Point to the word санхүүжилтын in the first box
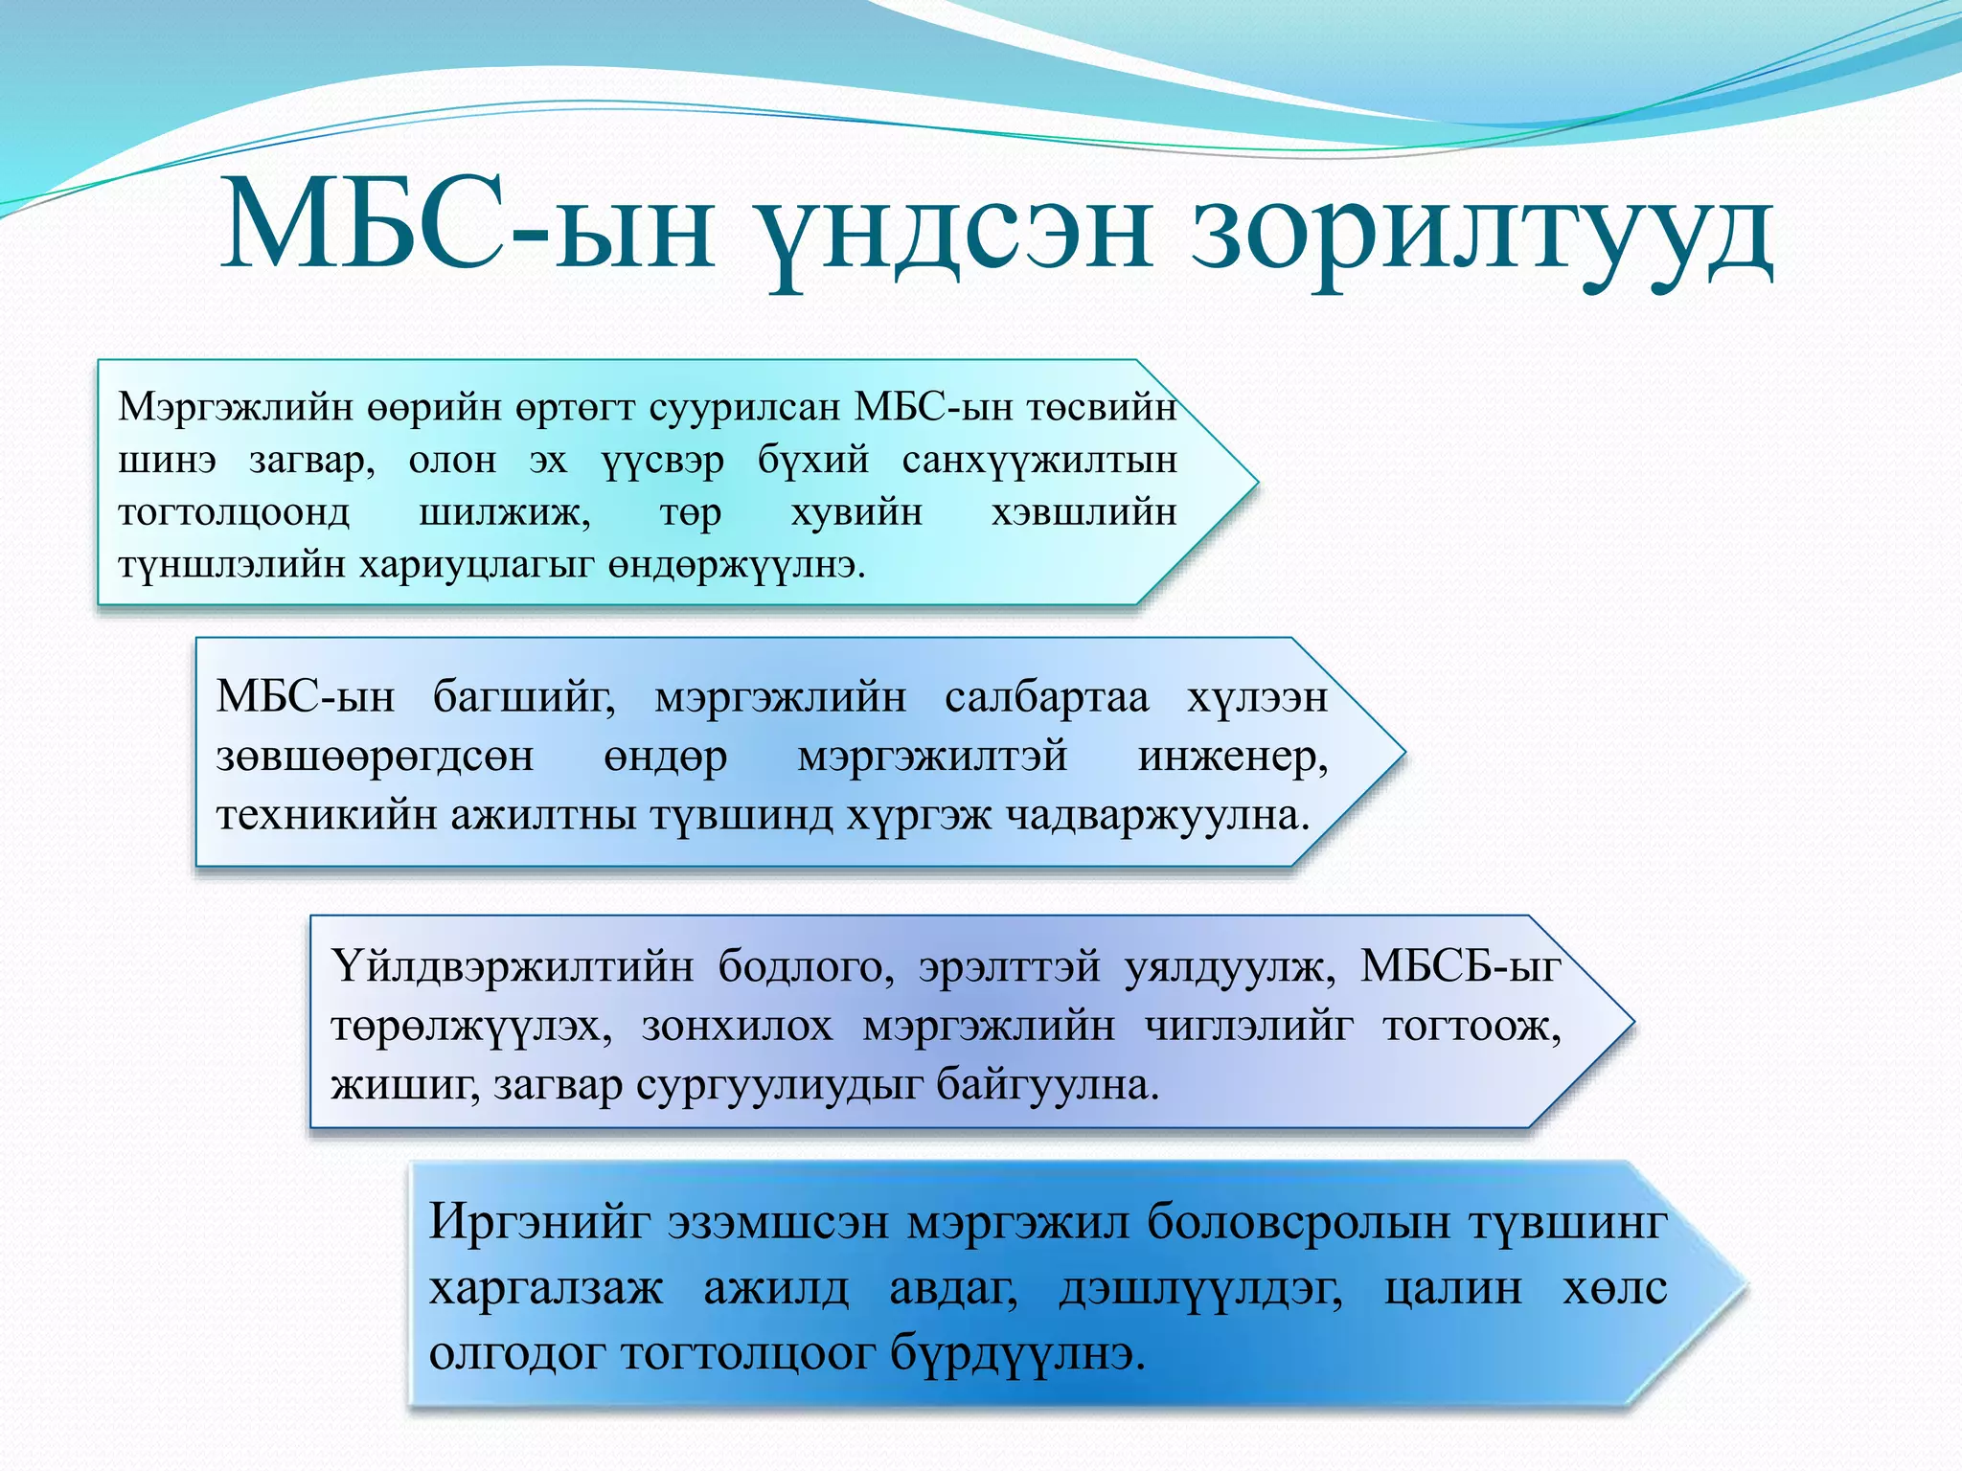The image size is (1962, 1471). point(1038,461)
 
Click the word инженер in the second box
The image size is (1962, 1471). point(1232,757)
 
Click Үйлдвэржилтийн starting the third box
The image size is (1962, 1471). point(513,966)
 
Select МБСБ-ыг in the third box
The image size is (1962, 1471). point(1459,966)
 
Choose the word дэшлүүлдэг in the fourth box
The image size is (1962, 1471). point(1200,1288)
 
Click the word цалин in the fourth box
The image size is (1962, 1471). point(1452,1288)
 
